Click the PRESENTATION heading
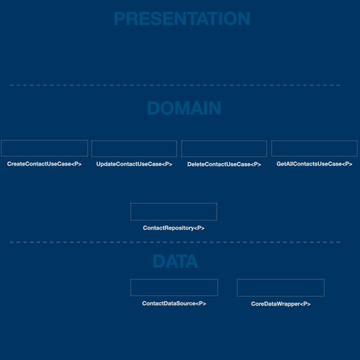(x=182, y=18)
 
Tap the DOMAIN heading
(x=184, y=108)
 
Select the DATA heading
(x=175, y=261)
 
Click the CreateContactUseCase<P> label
(x=44, y=164)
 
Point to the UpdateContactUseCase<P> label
(x=134, y=164)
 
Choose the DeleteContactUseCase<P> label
(x=224, y=164)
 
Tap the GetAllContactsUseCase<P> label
(x=314, y=164)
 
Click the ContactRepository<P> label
(x=174, y=228)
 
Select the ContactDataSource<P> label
(x=174, y=303)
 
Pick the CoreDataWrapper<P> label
(x=281, y=304)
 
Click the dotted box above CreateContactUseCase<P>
(x=44, y=140)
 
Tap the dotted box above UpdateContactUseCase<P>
(x=134, y=140)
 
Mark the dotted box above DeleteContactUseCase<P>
(x=224, y=140)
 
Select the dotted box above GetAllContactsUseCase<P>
(x=314, y=140)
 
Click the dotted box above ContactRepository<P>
(x=174, y=203)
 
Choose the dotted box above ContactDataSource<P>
(x=174, y=279)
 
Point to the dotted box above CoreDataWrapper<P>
(x=281, y=279)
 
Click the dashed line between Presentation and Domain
(x=175, y=85)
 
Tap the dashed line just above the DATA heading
(x=175, y=242)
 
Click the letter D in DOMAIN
(x=153, y=108)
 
